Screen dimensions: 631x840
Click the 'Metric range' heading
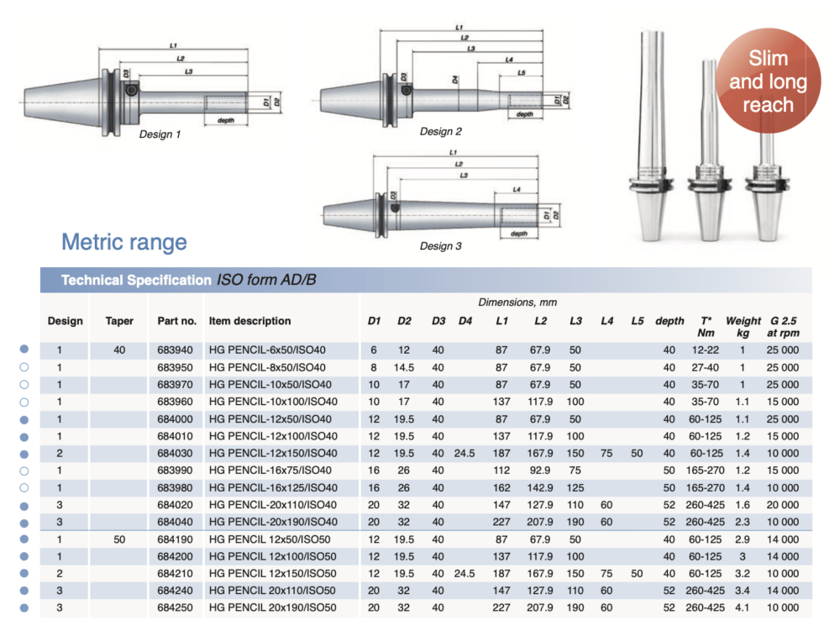pos(124,243)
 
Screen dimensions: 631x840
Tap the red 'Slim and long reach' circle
pos(767,82)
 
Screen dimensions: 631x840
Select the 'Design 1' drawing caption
pos(160,134)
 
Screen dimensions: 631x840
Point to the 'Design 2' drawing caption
pos(441,131)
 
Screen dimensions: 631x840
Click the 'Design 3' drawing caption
pos(441,246)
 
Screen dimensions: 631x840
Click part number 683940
pos(176,350)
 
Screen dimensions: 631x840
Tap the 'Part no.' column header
pos(176,321)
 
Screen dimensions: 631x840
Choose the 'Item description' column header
pos(249,321)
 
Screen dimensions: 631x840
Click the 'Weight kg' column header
pos(743,327)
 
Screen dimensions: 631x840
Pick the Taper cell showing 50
pos(119,539)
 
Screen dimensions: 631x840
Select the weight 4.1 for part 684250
pos(743,607)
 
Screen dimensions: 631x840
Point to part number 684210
pos(176,574)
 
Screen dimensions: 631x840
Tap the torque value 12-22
pos(705,350)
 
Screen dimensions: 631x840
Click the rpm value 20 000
pos(783,505)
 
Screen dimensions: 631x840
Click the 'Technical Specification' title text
pos(136,280)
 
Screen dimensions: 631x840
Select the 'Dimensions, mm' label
pos(517,302)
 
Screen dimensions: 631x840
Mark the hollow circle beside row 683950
pos(24,367)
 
